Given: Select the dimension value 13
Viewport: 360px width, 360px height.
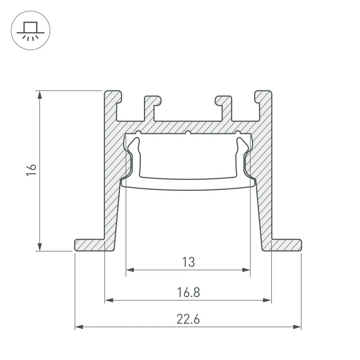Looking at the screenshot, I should coord(188,262).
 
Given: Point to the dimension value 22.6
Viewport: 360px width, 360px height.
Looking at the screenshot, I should coord(188,319).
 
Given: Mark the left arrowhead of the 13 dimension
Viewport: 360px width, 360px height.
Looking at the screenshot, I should coord(130,269).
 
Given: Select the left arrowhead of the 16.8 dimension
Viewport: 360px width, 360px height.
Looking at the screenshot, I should coord(109,300).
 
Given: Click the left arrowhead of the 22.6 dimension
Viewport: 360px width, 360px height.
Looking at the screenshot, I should coord(79,327).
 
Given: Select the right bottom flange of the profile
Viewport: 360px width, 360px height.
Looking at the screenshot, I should coord(286,245).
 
